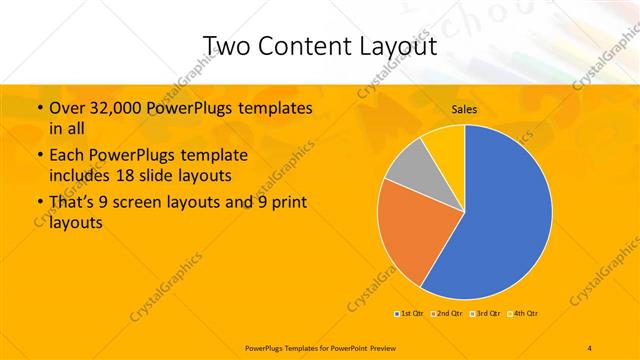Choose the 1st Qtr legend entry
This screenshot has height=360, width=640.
[408, 314]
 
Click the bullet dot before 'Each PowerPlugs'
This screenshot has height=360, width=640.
[39, 156]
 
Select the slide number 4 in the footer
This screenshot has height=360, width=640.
[590, 346]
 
